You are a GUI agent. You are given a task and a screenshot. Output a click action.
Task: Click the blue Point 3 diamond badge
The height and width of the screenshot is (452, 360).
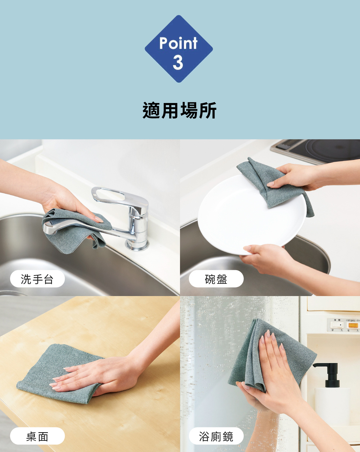click(x=179, y=49)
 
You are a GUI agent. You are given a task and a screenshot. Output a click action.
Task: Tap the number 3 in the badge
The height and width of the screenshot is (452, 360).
click(x=178, y=62)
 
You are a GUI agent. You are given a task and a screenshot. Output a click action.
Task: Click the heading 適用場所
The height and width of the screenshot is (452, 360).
click(x=179, y=110)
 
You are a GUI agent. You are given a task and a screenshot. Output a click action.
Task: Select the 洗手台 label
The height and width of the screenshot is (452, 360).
click(x=37, y=279)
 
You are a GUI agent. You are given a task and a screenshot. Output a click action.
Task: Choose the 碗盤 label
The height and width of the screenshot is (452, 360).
click(x=216, y=279)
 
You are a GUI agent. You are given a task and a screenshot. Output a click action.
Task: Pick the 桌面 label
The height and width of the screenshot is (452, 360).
click(x=37, y=437)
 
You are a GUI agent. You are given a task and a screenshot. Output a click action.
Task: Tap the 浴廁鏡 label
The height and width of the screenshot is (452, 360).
click(x=216, y=437)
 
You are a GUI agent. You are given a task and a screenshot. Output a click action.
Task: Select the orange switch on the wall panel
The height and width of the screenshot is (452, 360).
click(x=354, y=325)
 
